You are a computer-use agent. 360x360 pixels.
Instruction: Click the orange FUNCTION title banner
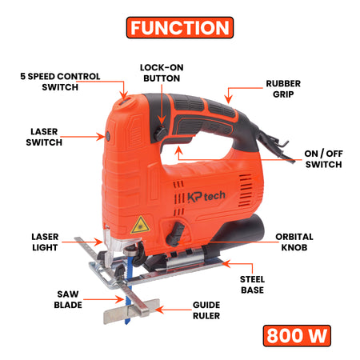pyautogui.click(x=180, y=27)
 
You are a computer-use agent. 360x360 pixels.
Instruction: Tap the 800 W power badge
pyautogui.click(x=297, y=336)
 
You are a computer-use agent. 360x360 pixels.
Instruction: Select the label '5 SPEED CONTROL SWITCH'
pyautogui.click(x=60, y=82)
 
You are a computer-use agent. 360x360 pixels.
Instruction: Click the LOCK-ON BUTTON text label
pyautogui.click(x=162, y=73)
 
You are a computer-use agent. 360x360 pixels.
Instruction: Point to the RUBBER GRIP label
pyautogui.click(x=283, y=89)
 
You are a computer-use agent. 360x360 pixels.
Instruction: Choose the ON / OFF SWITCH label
pyautogui.click(x=323, y=159)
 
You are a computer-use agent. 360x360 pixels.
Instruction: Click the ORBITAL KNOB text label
pyautogui.click(x=294, y=242)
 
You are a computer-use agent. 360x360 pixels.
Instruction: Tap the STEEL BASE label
pyautogui.click(x=252, y=285)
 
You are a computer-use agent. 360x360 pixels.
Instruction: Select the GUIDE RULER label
pyautogui.click(x=206, y=310)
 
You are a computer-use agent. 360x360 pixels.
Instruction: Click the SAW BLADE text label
pyautogui.click(x=68, y=299)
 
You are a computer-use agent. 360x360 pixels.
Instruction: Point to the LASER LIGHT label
pyautogui.click(x=45, y=242)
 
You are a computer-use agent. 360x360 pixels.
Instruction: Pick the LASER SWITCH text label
pyautogui.click(x=44, y=137)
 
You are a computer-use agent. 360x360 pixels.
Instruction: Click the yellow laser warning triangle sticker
pyautogui.click(x=140, y=225)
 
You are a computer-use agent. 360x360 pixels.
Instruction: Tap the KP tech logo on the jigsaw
pyautogui.click(x=206, y=197)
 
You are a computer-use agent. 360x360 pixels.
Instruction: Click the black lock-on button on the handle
pyautogui.click(x=161, y=134)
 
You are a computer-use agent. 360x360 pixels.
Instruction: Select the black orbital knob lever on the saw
pyautogui.click(x=176, y=234)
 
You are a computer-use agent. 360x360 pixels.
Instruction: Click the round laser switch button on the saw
pyautogui.click(x=108, y=136)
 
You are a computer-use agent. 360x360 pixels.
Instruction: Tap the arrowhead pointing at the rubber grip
pyautogui.click(x=228, y=100)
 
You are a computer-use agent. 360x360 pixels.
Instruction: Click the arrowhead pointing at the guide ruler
pyautogui.click(x=159, y=310)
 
